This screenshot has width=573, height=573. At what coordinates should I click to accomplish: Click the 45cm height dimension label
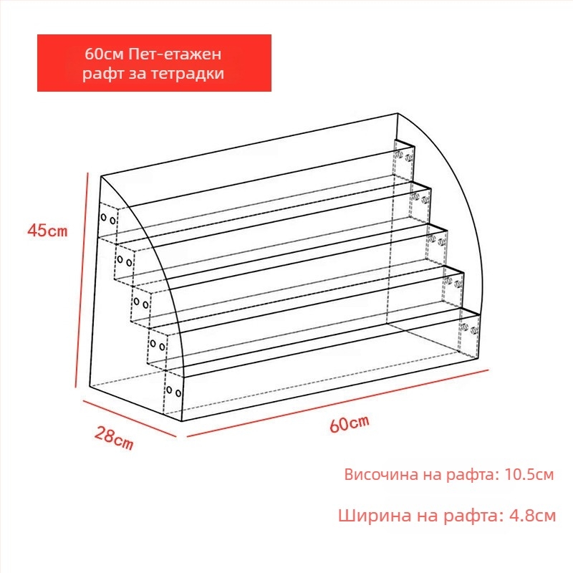click(x=47, y=231)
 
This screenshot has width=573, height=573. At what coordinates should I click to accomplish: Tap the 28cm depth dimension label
click(x=114, y=438)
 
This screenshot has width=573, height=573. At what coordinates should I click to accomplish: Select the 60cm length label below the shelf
click(x=350, y=423)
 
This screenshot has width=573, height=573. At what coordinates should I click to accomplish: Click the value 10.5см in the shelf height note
click(x=529, y=474)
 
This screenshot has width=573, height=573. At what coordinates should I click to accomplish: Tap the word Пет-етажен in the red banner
click(x=175, y=54)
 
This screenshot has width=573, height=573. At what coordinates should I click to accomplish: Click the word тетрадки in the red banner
click(x=188, y=74)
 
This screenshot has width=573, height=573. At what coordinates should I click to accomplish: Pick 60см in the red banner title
click(x=105, y=54)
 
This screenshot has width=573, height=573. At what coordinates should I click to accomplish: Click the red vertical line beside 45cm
click(x=82, y=280)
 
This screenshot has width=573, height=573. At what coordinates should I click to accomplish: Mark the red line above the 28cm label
click(x=130, y=418)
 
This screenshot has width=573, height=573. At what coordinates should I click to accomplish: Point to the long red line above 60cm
click(x=337, y=403)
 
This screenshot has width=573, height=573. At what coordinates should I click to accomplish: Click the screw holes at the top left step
click(x=108, y=219)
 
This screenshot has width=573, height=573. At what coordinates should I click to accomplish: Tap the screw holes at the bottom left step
click(x=173, y=391)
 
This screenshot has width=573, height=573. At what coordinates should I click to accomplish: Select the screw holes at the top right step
click(x=404, y=156)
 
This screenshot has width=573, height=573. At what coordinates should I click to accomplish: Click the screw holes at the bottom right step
click(x=469, y=329)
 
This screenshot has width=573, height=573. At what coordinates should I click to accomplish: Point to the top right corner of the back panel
click(x=398, y=114)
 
